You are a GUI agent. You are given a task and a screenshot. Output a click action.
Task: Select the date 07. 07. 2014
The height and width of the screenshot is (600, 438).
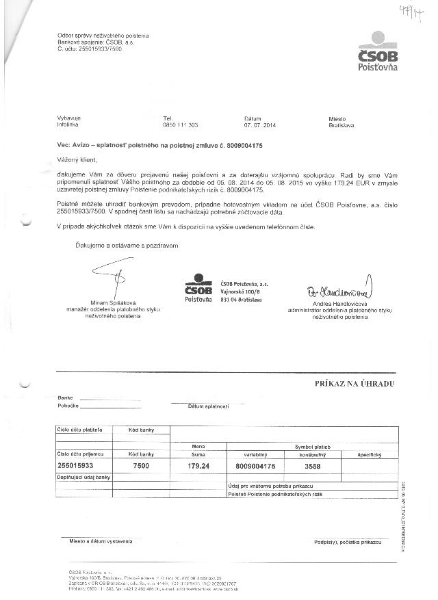coord(259,125)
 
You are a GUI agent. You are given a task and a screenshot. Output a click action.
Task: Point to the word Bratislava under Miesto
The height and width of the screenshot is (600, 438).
coord(341,125)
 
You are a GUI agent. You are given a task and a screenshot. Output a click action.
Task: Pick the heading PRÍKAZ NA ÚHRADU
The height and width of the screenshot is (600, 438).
coord(355,384)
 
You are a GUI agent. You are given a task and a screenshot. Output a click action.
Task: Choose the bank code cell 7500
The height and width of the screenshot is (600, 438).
coord(142,465)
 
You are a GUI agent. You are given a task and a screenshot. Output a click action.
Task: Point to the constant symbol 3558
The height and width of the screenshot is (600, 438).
coord(311,465)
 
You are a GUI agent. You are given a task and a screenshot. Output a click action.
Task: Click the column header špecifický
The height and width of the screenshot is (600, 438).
coord(368,454)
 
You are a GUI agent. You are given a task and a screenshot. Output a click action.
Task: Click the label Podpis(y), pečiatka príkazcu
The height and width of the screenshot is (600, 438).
coord(347,541)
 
